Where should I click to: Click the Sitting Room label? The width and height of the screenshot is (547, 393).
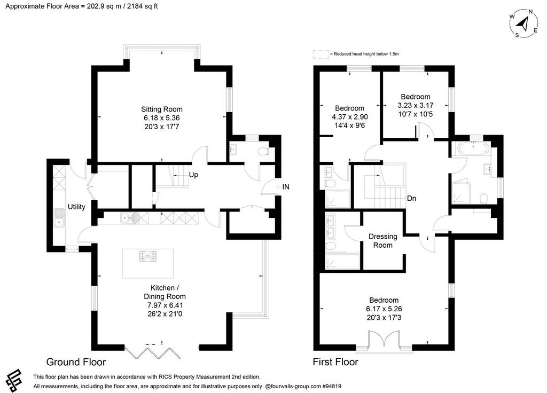tap(161, 109)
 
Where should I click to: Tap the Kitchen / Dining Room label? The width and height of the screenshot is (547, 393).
tap(165, 292)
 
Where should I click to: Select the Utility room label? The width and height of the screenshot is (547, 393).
tap(76, 207)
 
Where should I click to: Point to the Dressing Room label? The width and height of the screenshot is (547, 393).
tap(382, 241)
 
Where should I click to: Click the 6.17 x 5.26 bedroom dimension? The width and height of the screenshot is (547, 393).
tap(384, 309)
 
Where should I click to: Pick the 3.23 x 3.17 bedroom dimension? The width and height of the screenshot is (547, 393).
tap(416, 105)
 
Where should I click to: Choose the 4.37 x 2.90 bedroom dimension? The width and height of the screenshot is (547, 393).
tap(349, 117)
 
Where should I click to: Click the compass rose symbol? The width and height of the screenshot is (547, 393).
tap(523, 24)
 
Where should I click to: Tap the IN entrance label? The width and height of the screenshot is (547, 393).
tap(286, 187)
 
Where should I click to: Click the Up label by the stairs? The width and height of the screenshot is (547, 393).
tap(193, 175)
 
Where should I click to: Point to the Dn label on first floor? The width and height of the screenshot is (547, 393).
tap(412, 199)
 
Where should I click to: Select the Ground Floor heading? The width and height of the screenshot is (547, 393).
tap(76, 362)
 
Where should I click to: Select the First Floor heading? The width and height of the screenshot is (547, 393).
tap(335, 362)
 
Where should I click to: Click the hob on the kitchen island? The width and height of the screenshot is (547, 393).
tap(148, 256)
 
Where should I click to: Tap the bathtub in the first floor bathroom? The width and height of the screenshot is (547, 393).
tap(471, 150)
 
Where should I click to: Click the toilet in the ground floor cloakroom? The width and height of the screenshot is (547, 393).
tap(263, 151)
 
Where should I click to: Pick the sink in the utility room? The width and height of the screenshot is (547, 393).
tap(59, 218)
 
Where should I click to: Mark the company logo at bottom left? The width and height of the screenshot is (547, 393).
tap(13, 381)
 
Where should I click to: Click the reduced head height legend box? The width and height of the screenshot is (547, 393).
tap(321, 54)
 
